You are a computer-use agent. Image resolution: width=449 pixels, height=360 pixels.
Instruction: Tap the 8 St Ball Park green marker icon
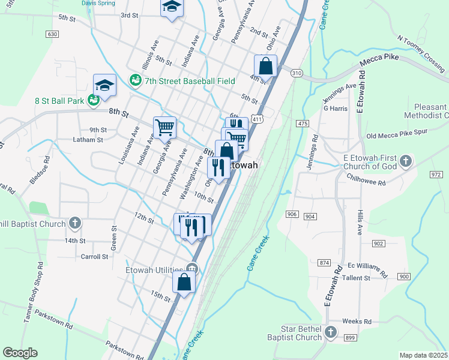pos(93,100)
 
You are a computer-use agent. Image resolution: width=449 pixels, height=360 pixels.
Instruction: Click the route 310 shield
pos(296,73)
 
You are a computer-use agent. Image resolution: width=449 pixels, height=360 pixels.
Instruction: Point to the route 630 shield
pos(52,34)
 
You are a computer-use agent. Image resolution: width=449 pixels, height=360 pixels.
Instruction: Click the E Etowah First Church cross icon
pos(406,161)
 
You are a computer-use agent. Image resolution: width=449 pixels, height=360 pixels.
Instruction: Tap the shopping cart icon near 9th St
pos(164,127)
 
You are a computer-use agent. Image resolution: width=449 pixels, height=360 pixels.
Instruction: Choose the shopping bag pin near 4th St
pos(265,66)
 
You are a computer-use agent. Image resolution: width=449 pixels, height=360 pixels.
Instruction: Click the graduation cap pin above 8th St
pos(104,85)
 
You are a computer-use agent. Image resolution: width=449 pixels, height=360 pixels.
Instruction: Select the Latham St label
pos(88,140)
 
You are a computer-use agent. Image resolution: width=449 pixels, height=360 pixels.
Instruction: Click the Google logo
pos(20,353)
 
